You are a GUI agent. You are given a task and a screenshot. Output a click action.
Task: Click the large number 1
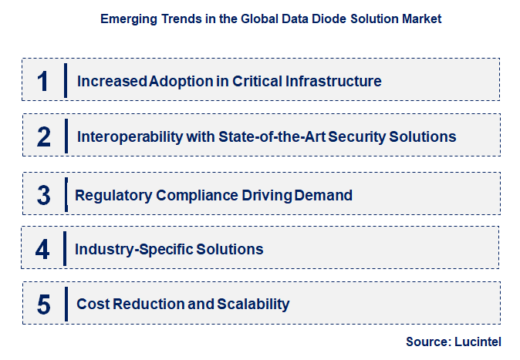(43, 81)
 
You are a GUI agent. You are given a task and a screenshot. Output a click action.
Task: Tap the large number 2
(43, 137)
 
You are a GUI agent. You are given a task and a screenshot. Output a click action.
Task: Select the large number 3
(43, 195)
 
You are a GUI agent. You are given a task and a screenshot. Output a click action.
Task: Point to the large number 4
(43, 249)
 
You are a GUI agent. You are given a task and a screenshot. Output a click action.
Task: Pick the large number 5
(43, 304)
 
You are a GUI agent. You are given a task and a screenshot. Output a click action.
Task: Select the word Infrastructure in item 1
(334, 81)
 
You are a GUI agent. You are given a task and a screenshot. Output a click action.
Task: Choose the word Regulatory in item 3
(113, 195)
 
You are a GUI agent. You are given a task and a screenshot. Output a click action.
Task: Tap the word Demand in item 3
(325, 195)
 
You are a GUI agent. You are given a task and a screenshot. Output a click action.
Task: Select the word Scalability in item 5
(253, 304)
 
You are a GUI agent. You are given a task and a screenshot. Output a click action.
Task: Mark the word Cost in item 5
(92, 304)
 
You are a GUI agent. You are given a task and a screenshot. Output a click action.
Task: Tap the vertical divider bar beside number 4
(66, 249)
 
